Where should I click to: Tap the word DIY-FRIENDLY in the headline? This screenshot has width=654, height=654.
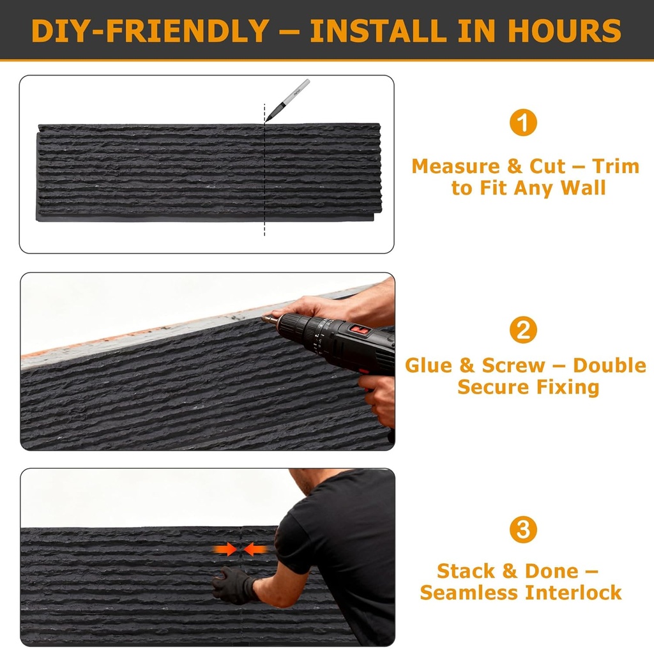[x=149, y=30]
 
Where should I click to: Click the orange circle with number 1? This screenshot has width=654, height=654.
[x=523, y=123]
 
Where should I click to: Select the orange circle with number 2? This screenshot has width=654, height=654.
[x=523, y=330]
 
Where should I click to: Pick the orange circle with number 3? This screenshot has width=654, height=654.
[x=523, y=529]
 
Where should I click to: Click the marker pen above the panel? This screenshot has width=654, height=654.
[x=287, y=100]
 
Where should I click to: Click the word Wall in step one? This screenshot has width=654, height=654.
[x=582, y=188]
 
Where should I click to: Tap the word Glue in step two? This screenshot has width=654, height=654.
[x=429, y=365]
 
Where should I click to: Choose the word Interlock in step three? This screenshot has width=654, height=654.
[x=573, y=592]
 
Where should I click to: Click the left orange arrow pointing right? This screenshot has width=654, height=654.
[x=224, y=549]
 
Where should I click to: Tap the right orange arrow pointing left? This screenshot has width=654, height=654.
[x=256, y=549]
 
